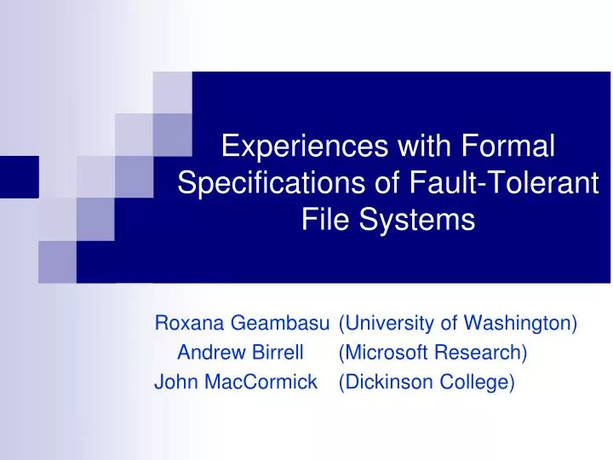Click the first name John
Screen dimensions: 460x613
(172, 382)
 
